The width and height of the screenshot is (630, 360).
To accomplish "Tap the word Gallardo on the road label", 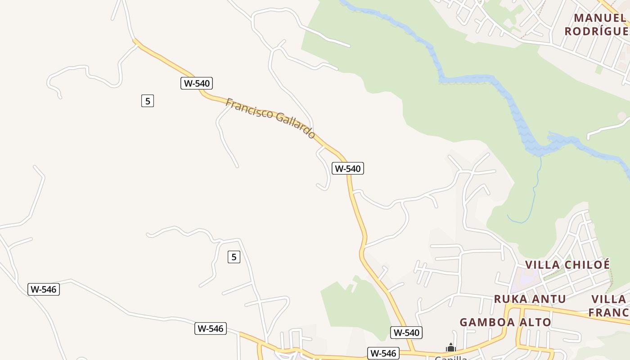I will coord(295,126).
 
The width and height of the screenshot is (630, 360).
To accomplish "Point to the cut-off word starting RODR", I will coord(597,31).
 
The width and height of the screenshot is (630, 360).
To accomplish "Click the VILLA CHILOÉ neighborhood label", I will coord(567,265).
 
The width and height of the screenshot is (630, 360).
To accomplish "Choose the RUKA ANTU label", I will coord(530,299).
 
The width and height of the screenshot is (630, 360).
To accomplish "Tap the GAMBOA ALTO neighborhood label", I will coord(505,322).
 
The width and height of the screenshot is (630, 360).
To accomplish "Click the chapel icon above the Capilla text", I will coord(450,347).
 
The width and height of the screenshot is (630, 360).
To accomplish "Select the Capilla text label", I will coord(450,357).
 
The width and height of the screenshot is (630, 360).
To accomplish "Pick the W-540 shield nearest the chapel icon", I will coord(406,333).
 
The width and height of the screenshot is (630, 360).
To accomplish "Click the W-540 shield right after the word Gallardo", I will coord(348,168).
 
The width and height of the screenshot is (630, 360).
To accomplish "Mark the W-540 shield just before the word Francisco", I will coord(197,83).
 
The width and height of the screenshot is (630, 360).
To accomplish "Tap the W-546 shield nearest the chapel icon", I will coord(383,353).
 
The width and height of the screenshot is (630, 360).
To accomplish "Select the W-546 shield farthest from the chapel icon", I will coord(44,289).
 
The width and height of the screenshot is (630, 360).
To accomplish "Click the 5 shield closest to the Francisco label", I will coord(148,101).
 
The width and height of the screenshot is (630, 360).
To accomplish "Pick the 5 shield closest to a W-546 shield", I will coord(234,257).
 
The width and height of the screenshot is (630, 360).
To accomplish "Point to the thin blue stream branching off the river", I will coord(534,193).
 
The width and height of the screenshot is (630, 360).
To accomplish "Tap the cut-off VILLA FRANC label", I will coord(609,306).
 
